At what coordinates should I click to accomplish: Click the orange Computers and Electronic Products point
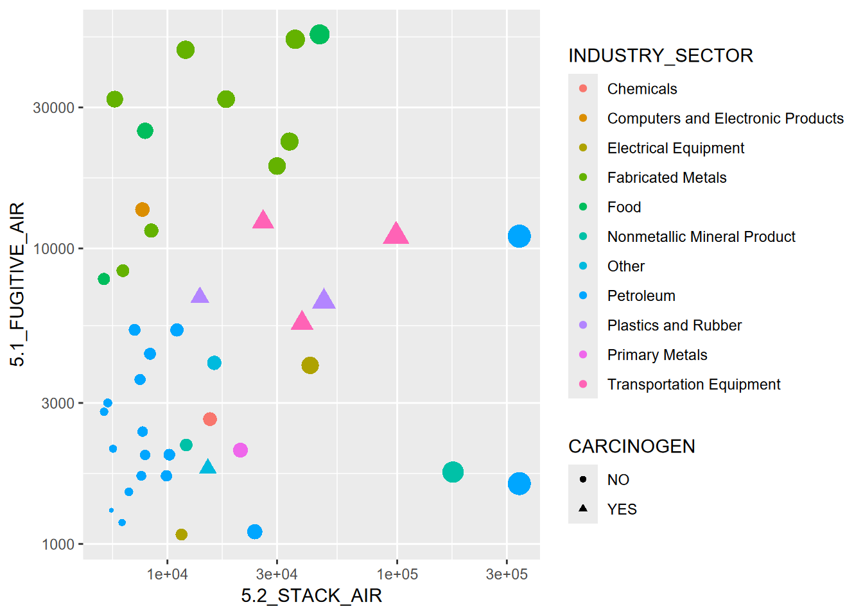pyautogui.click(x=143, y=210)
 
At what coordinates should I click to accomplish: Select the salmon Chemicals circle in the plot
pyautogui.click(x=210, y=419)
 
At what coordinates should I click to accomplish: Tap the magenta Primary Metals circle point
pyautogui.click(x=240, y=450)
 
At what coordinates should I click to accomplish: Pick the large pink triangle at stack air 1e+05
pyautogui.click(x=396, y=234)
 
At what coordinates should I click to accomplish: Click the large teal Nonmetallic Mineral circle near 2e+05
pyautogui.click(x=453, y=472)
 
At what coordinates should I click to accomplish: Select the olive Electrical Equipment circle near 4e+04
pyautogui.click(x=310, y=365)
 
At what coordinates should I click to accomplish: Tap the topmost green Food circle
pyautogui.click(x=319, y=35)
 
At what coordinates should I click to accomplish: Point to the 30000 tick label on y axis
pyautogui.click(x=54, y=108)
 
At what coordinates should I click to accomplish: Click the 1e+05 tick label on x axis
pyautogui.click(x=397, y=574)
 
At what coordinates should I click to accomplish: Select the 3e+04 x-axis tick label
pyautogui.click(x=277, y=574)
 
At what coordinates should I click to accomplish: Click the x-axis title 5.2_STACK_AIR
pyautogui.click(x=311, y=596)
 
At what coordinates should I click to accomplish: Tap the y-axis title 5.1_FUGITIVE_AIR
pyautogui.click(x=18, y=284)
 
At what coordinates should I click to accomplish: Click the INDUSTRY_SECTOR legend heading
pyautogui.click(x=660, y=56)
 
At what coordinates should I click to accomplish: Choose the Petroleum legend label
pyautogui.click(x=641, y=296)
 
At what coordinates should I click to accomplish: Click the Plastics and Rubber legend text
pyautogui.click(x=674, y=325)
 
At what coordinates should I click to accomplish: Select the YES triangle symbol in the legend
pyautogui.click(x=583, y=508)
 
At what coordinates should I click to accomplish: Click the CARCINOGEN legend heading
pyautogui.click(x=631, y=447)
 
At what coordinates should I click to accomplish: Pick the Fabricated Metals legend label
pyautogui.click(x=667, y=178)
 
